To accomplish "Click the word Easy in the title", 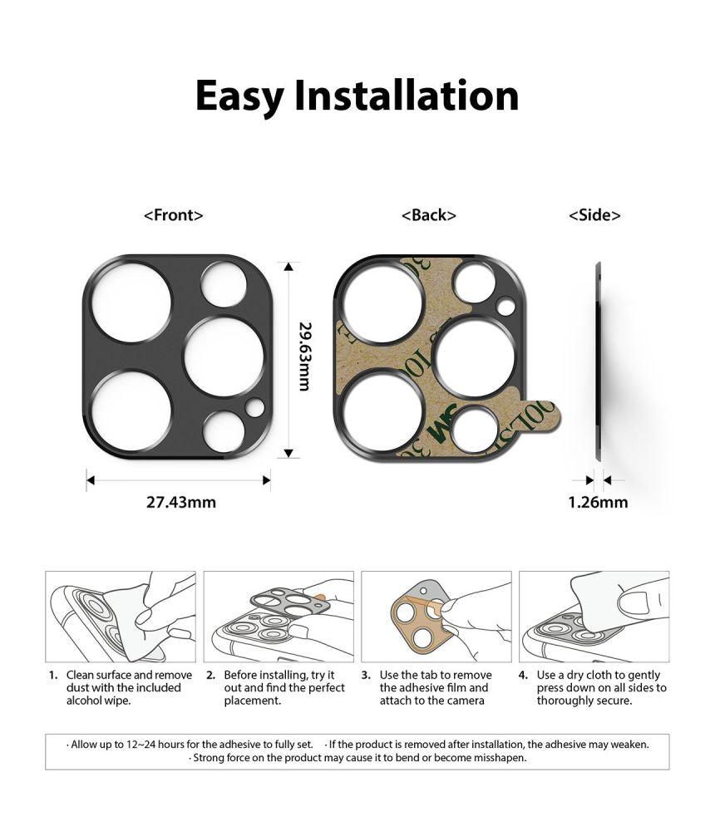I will tap(240, 96).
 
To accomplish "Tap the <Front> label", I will tap(174, 215).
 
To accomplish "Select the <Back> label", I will tap(429, 215).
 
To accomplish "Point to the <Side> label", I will tap(594, 215).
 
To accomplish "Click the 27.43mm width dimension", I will tap(180, 502).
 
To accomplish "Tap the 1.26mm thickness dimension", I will tap(598, 502).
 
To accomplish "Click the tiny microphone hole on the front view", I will tap(254, 407).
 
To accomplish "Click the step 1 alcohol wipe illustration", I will tap(121, 616).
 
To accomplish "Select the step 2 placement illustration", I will tap(279, 616).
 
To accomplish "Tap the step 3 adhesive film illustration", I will tap(436, 616).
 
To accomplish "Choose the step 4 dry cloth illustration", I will tap(594, 616).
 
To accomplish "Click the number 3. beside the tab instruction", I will tap(367, 675).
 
